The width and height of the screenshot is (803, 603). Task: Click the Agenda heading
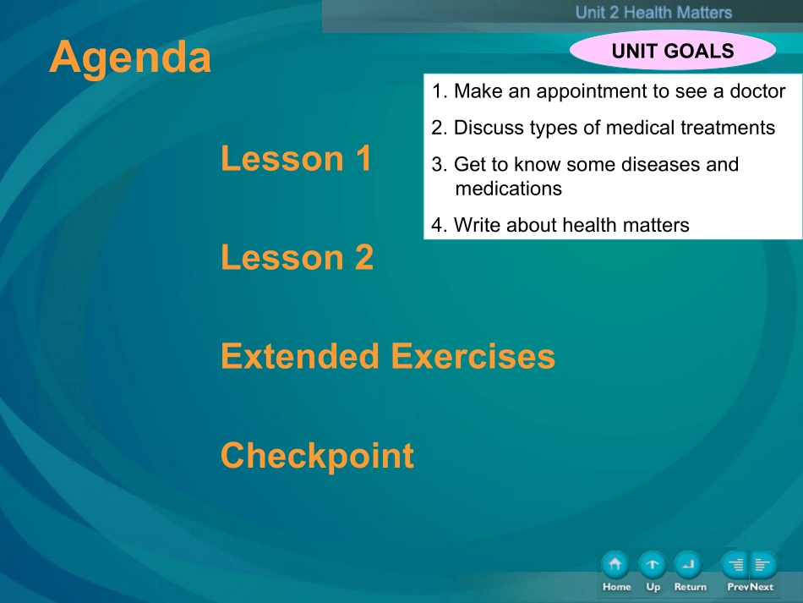(x=130, y=58)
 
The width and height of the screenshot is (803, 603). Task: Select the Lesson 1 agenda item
(x=296, y=158)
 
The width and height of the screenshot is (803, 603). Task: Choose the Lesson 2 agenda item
(x=297, y=257)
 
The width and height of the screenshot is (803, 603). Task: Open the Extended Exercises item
(x=388, y=356)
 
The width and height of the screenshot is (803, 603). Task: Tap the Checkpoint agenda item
(x=317, y=456)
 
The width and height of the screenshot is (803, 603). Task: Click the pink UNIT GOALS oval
(x=673, y=50)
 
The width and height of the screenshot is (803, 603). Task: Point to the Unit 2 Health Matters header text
(x=653, y=13)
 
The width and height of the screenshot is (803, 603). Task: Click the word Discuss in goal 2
(x=489, y=128)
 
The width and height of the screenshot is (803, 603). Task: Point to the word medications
(x=509, y=189)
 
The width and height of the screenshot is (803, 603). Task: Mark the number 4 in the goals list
(x=437, y=226)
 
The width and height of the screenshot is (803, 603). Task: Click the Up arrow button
(x=653, y=565)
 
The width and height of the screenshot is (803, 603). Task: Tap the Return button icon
(x=688, y=565)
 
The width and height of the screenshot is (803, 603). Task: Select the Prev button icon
(x=735, y=565)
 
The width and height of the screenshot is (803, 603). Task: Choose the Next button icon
(x=763, y=565)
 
